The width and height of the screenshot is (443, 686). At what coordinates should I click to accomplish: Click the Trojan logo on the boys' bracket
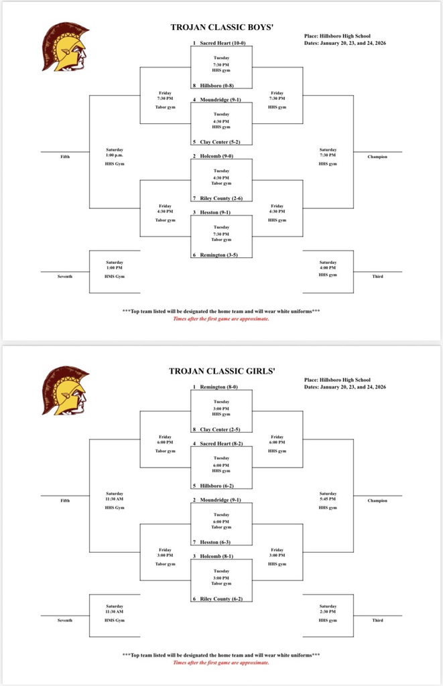64,47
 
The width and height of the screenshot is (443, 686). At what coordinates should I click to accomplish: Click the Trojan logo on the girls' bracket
64,390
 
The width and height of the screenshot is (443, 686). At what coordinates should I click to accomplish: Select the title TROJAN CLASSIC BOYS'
222,28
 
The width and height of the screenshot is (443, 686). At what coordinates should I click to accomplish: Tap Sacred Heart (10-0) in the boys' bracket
222,43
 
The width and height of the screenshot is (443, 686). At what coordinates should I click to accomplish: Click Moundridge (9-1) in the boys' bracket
220,100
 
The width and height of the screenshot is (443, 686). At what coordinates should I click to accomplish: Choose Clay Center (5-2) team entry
221,142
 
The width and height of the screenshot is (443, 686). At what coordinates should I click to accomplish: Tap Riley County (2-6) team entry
221,198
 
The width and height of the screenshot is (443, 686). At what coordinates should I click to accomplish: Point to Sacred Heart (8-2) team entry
222,443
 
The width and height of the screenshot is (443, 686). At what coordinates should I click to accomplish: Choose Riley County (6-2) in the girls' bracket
221,598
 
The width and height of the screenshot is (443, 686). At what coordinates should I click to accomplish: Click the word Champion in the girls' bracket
377,500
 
